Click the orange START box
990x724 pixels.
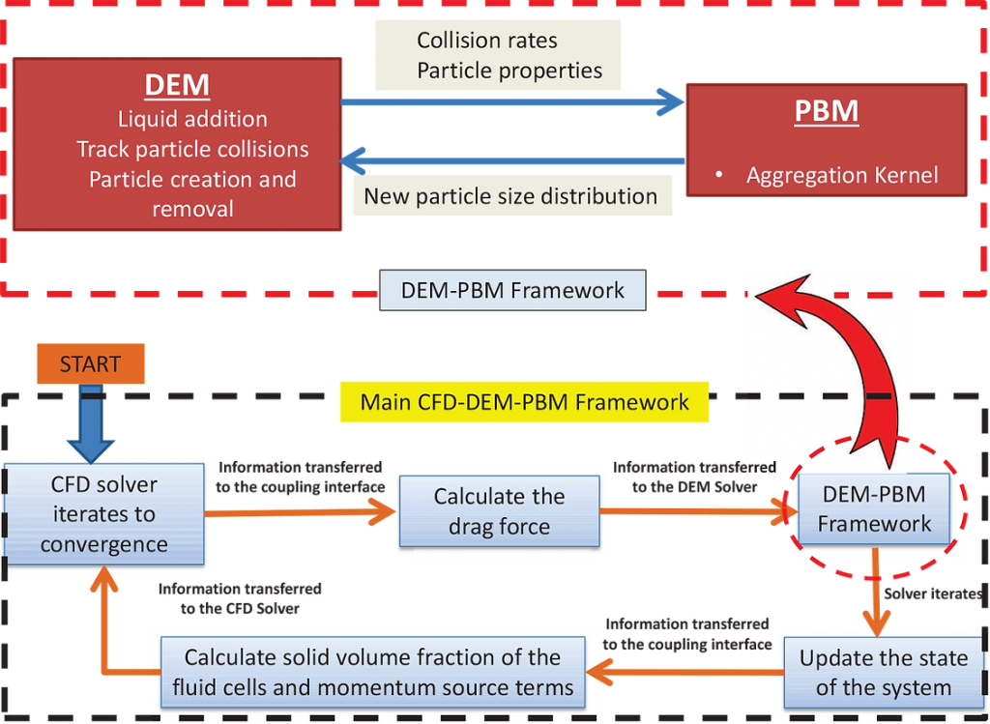click(91, 364)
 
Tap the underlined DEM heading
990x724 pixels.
click(177, 85)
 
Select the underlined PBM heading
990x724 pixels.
click(826, 110)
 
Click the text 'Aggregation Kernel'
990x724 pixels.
click(841, 175)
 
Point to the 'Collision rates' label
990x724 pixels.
click(486, 41)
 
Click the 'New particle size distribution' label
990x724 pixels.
click(510, 196)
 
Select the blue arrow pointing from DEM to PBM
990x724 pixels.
click(512, 100)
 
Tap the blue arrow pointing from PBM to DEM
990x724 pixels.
click(512, 158)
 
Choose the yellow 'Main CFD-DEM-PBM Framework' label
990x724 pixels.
click(525, 402)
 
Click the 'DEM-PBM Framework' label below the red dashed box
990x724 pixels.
click(512, 290)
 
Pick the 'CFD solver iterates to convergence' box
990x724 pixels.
click(104, 514)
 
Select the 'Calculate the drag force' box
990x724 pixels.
click(499, 511)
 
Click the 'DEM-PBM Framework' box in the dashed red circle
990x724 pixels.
click(874, 509)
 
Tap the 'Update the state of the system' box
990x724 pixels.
click(883, 673)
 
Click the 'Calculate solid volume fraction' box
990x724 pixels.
click(373, 673)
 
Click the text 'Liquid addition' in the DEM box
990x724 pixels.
click(192, 119)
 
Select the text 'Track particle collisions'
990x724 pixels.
click(192, 149)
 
